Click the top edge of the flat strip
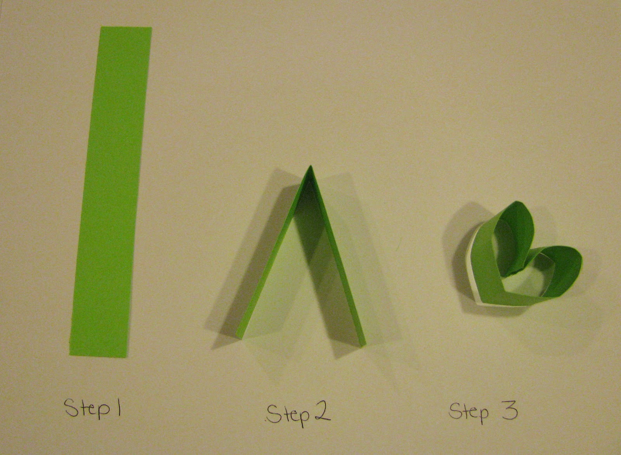tap(127, 27)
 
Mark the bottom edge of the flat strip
tap(99, 355)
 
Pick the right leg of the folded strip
tap(337, 255)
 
